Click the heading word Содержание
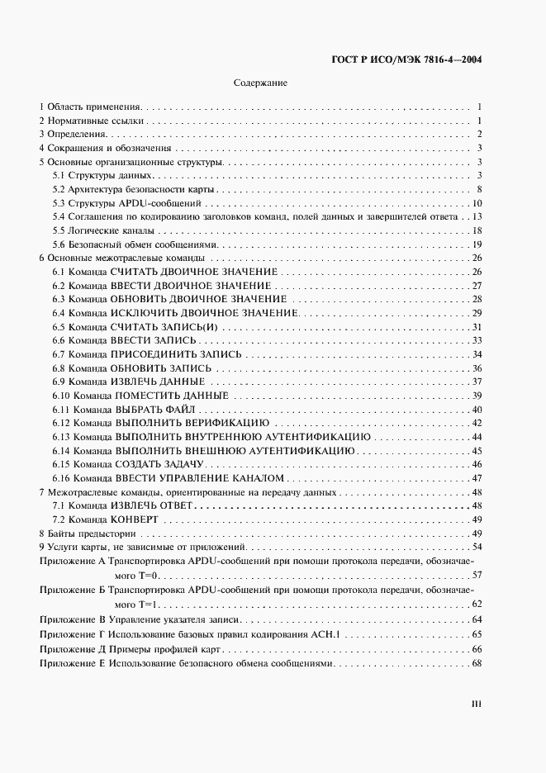[x=260, y=83]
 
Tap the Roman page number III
[x=476, y=704]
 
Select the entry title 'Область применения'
[x=95, y=107]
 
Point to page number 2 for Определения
[x=479, y=135]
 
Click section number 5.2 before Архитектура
[x=59, y=189]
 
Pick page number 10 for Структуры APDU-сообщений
[x=477, y=203]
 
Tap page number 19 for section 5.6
[x=477, y=244]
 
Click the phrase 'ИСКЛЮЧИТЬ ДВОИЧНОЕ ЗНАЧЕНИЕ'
[x=203, y=313]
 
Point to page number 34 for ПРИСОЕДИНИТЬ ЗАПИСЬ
[x=477, y=354]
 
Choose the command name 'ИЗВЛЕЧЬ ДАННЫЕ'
[x=157, y=382]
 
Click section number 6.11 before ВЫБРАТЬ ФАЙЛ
[x=61, y=410]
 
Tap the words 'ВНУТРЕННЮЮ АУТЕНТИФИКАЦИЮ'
[x=293, y=437]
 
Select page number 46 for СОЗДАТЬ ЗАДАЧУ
[x=477, y=464]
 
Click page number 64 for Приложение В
[x=477, y=619]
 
